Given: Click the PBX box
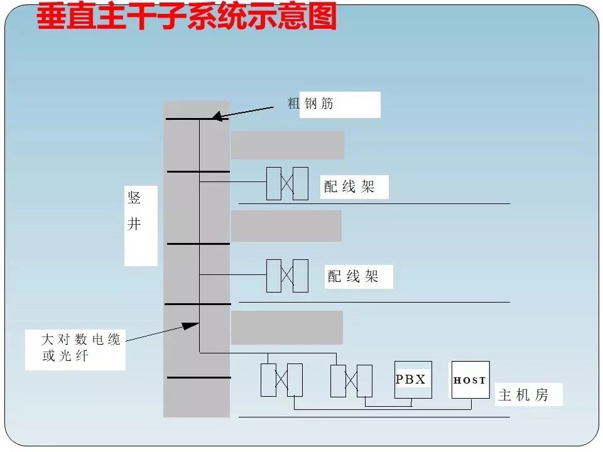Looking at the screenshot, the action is tap(413, 379).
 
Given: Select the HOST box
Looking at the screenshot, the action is tap(470, 379).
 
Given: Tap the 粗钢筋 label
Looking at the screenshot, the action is tap(310, 104).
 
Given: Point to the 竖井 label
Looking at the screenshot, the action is tap(134, 212).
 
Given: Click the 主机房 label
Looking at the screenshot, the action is tap(523, 395).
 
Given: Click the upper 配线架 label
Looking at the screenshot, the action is tap(349, 186).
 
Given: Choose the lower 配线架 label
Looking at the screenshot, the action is tap(353, 276).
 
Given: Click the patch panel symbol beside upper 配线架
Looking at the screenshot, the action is tap(287, 183).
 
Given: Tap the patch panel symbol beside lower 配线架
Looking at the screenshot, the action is tap(287, 276).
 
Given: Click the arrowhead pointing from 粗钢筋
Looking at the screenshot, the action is tap(215, 116).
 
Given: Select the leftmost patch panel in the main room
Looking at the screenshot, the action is tap(281, 380).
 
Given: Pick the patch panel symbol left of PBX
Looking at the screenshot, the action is tap(351, 380).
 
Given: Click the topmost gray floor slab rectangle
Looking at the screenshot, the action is tap(287, 145).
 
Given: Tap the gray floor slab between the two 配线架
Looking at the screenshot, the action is tap(286, 226).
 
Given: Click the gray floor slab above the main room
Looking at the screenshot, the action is tap(286, 327).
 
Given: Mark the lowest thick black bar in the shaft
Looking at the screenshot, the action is tap(198, 377).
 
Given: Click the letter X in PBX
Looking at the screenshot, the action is tap(420, 379).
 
